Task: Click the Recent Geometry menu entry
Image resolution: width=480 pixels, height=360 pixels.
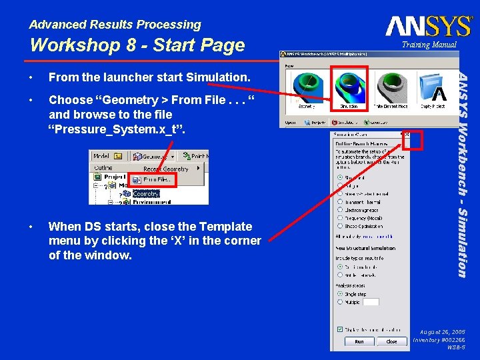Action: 165,169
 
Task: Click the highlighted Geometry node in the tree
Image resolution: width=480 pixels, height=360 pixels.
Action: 146,194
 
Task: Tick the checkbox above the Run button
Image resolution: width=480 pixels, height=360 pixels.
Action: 341,329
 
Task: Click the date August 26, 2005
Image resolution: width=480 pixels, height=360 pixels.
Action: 443,331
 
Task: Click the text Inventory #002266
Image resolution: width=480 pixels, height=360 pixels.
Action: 439,340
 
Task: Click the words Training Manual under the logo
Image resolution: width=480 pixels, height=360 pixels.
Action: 429,45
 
